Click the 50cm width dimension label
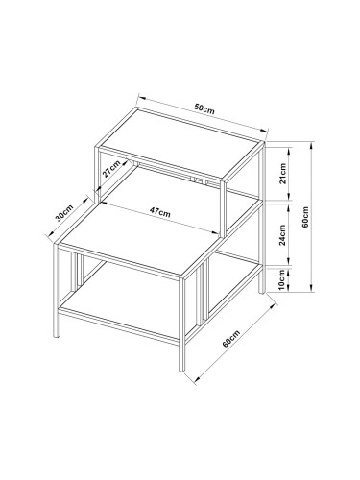pos(204,109)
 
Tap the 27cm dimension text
pos(111,169)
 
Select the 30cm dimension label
pos(64,213)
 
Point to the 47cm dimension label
pos(160,212)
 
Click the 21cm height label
pos(282,174)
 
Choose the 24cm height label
pos(282,235)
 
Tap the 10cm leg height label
pos(281,279)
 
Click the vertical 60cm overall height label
pos(305,217)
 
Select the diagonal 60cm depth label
pos(230,339)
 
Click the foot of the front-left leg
pos(57,336)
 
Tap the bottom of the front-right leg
pos(181,370)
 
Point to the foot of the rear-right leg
pos(262,291)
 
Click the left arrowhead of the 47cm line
pos(106,204)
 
